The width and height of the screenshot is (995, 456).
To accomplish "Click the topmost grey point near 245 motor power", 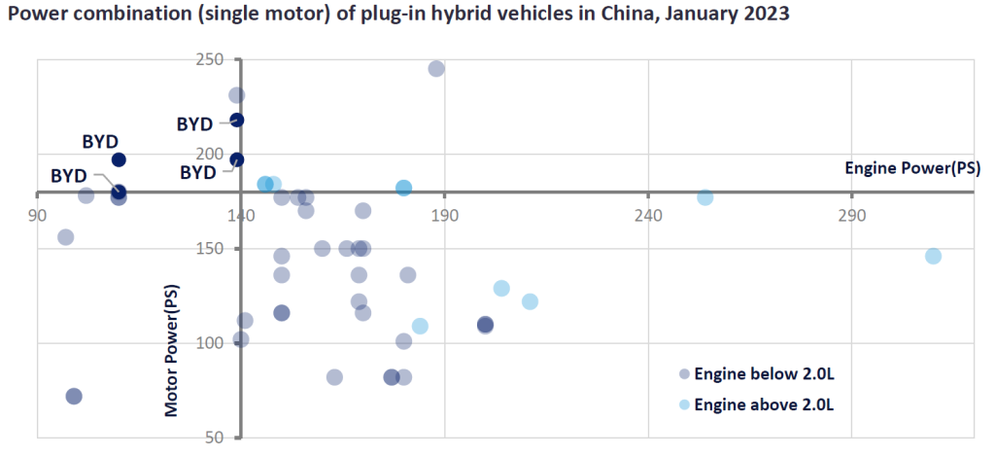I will click(436, 69).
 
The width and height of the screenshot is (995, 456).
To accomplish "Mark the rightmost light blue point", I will click(933, 256).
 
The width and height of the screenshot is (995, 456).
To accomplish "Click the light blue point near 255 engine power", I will click(705, 197).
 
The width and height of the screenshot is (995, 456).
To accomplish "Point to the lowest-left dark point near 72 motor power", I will click(74, 396).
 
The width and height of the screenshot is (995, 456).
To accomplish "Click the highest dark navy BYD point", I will click(236, 120).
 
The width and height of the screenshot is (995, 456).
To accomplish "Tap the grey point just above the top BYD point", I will click(236, 95).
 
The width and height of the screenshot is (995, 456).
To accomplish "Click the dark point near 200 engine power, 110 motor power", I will click(485, 325).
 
